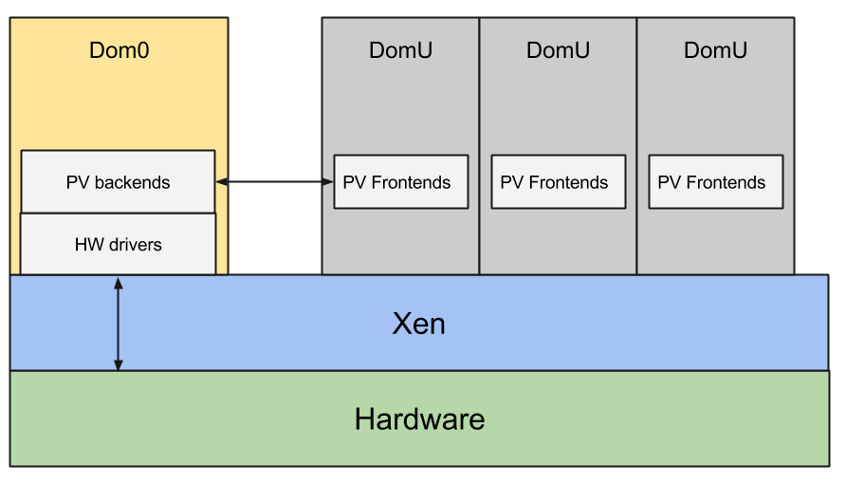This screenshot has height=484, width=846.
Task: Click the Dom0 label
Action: tap(119, 50)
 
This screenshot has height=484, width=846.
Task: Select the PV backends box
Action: tap(118, 181)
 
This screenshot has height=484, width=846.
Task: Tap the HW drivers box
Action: tap(118, 244)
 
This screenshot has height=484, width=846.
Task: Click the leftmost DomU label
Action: tap(400, 50)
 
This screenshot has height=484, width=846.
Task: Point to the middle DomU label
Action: tap(558, 50)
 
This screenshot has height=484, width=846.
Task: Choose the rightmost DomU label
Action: tap(715, 50)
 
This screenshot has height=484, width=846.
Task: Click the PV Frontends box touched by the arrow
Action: tap(400, 181)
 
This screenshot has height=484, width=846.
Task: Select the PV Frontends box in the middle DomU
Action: tap(558, 181)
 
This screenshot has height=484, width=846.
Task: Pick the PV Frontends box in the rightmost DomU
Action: tap(715, 181)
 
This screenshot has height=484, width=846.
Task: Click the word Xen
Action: tap(418, 324)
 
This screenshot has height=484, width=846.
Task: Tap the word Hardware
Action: tap(419, 419)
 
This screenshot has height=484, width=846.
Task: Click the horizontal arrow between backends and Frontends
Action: tap(275, 181)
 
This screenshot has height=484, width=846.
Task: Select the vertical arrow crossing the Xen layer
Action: tap(119, 323)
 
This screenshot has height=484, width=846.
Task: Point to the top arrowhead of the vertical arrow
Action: tap(119, 282)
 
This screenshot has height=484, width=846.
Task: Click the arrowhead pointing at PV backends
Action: tap(222, 181)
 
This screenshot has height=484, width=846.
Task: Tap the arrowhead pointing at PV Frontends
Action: tap(328, 181)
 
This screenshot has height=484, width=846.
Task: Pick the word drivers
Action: tap(135, 245)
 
